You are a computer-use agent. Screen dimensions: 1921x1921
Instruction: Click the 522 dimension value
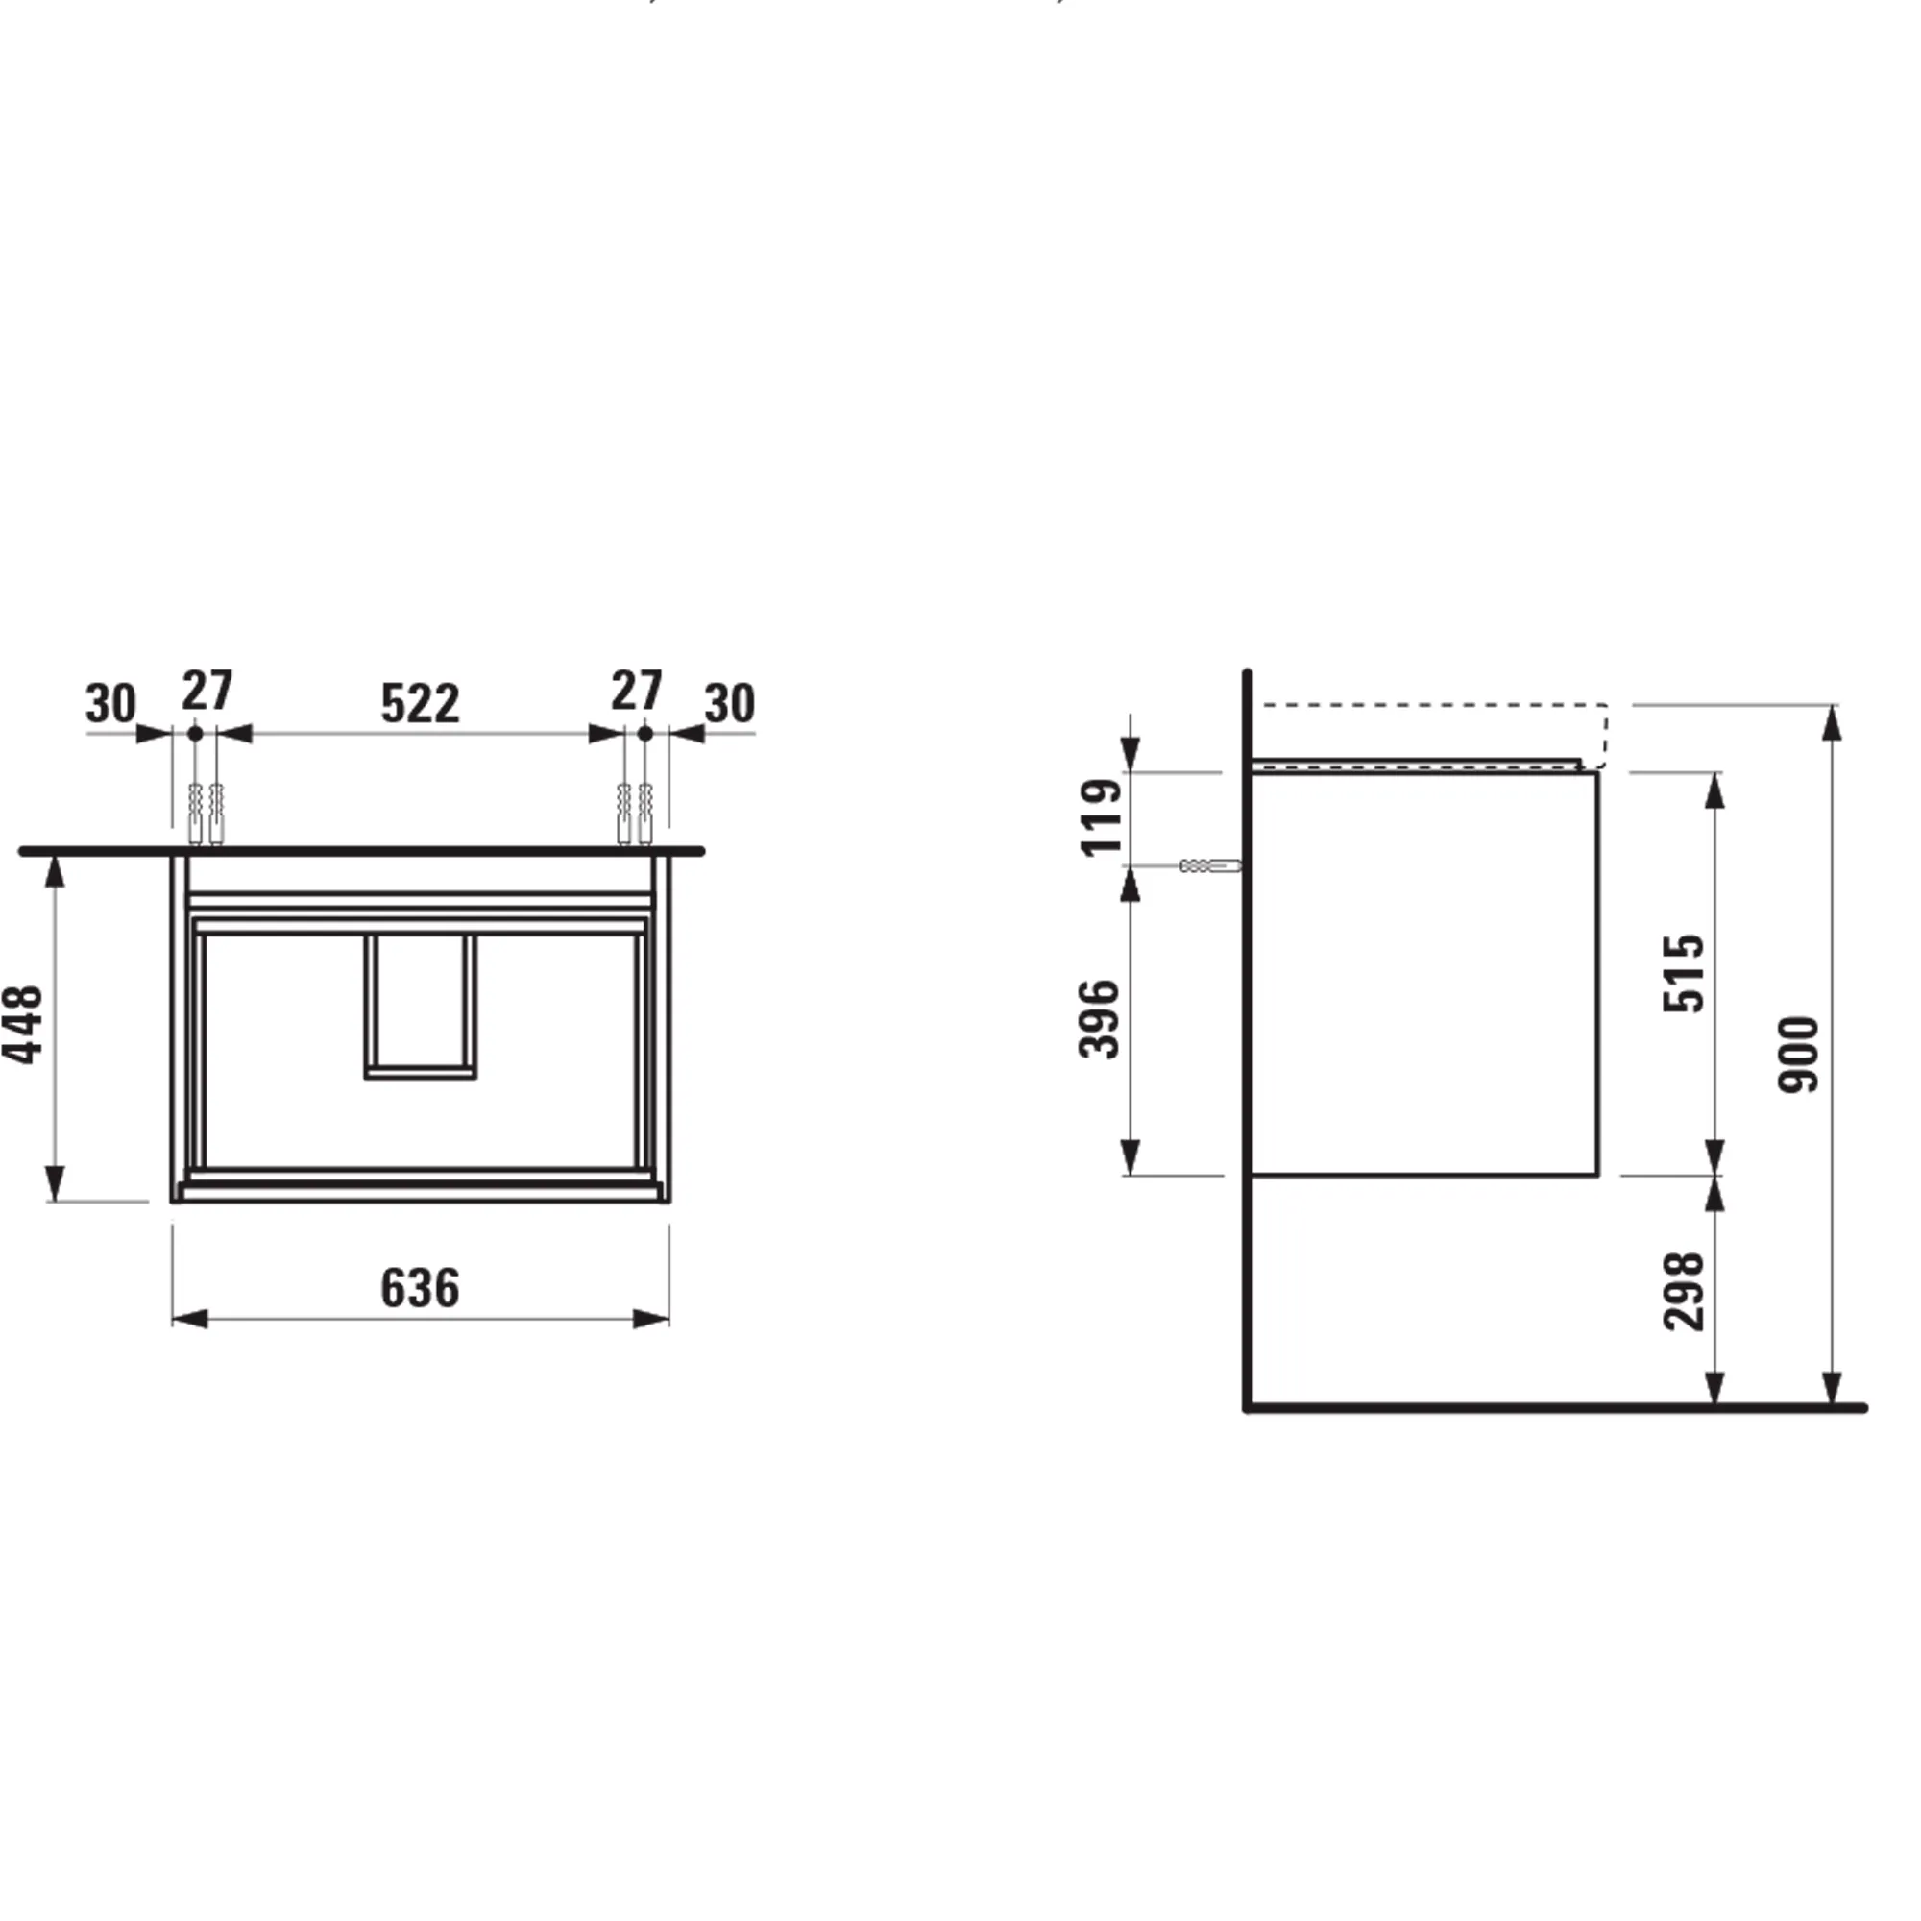[420, 704]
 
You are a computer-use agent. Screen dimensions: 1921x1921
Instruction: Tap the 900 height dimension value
[1798, 1055]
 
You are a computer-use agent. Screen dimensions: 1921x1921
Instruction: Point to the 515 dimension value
[1684, 972]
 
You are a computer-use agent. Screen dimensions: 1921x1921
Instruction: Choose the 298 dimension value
[1684, 1291]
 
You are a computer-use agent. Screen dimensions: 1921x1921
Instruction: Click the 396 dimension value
[1100, 1019]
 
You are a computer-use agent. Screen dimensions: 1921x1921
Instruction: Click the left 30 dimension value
[110, 704]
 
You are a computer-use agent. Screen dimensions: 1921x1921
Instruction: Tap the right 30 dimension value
[730, 704]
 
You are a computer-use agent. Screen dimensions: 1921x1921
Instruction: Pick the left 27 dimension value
[207, 690]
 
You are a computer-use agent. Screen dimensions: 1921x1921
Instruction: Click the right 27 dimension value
[637, 690]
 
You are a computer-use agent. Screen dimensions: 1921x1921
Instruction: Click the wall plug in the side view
[1210, 866]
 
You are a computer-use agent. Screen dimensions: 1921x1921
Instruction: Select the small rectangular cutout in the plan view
[420, 1006]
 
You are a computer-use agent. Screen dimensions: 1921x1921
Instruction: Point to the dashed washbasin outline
[1432, 706]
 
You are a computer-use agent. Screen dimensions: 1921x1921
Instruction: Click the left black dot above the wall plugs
[195, 733]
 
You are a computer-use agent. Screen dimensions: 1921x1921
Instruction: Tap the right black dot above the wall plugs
[644, 733]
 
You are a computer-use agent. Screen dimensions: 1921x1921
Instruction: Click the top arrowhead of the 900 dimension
[1832, 723]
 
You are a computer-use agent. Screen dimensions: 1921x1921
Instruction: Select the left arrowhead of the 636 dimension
[189, 1319]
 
